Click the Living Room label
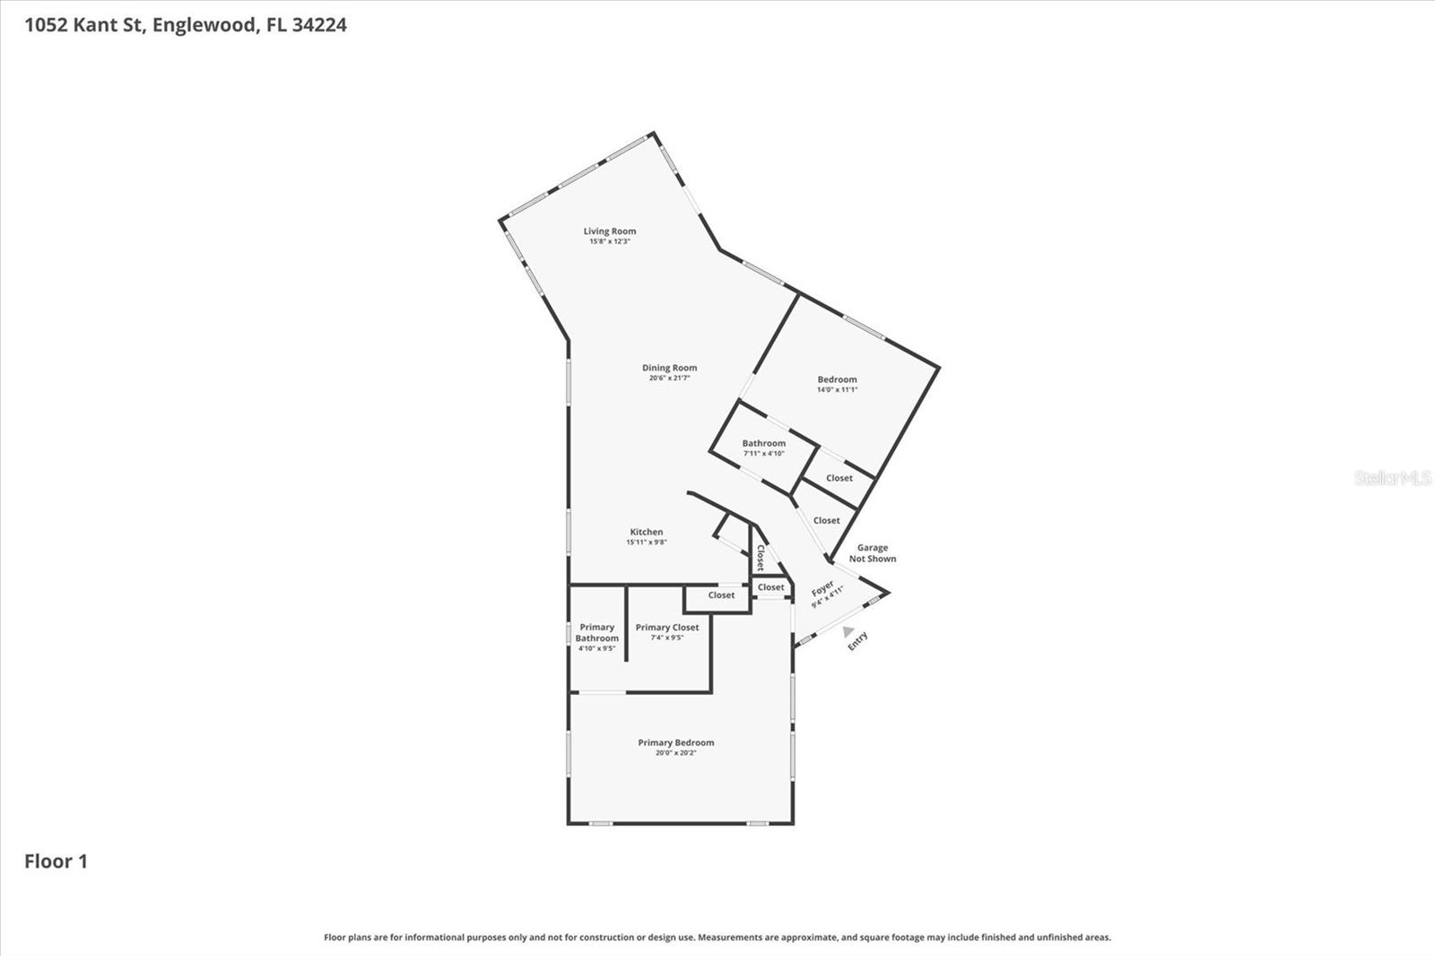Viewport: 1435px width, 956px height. click(x=610, y=231)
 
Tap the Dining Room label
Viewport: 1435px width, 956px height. click(x=669, y=368)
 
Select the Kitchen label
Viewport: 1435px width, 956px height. click(x=646, y=532)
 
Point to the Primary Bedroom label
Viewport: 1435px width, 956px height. click(x=676, y=743)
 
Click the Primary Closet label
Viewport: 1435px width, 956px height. click(x=667, y=628)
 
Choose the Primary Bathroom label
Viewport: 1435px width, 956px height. click(x=597, y=632)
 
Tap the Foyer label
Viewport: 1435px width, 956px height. click(x=822, y=589)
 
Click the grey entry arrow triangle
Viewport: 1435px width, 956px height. click(x=848, y=631)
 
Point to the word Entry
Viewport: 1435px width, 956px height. click(x=858, y=640)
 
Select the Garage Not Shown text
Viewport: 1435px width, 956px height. click(x=873, y=553)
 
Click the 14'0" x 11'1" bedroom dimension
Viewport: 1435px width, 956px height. click(x=837, y=390)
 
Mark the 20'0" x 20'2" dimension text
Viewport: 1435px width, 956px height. click(x=675, y=753)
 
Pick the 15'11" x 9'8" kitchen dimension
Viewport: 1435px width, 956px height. click(x=646, y=543)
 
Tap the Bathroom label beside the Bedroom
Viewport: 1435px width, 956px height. click(x=763, y=443)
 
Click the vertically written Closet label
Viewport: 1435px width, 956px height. click(x=761, y=558)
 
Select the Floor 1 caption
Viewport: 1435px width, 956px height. click(x=56, y=862)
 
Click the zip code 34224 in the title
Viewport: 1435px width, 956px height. click(x=319, y=25)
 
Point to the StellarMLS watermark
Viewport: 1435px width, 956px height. click(x=1393, y=478)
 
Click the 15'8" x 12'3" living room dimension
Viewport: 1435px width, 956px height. click(x=610, y=242)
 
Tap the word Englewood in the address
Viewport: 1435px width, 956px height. click(x=205, y=25)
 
